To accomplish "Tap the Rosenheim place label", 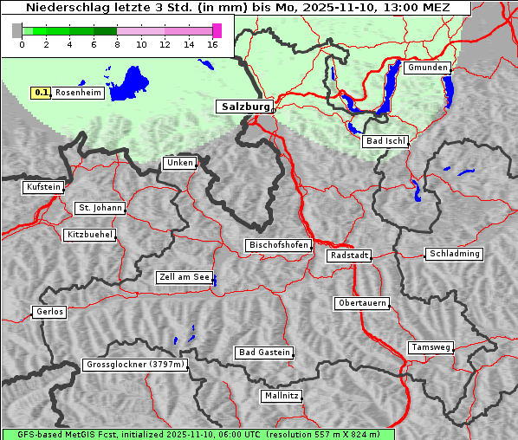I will (79, 92).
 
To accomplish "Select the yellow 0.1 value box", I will (41, 92).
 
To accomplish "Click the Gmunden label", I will (427, 68).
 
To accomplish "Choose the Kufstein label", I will (43, 187).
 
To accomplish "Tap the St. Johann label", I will (100, 208).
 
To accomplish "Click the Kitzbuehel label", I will (90, 235).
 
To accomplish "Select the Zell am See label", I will (185, 277).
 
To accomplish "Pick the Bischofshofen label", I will (279, 245).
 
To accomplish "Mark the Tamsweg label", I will (431, 347).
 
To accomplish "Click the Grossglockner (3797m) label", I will (135, 365).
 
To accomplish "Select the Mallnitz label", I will (282, 396).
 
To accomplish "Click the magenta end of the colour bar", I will (217, 30).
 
